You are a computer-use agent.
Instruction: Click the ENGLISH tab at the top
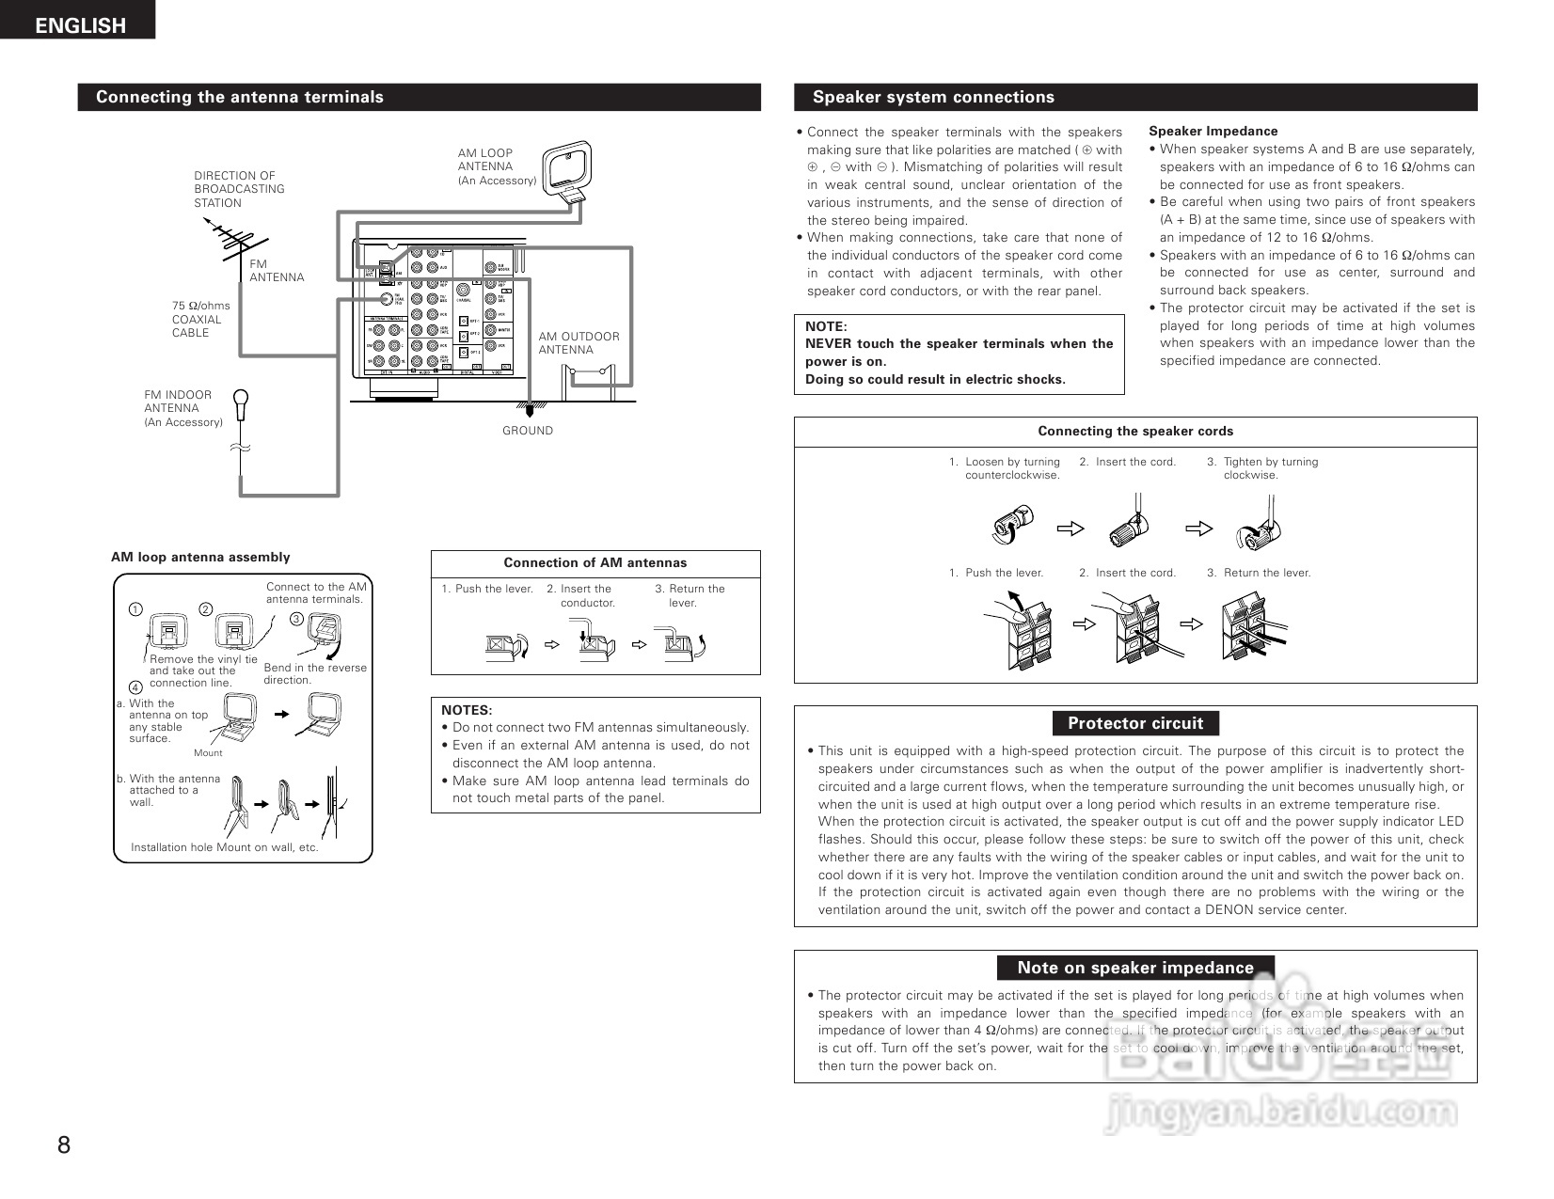[x=79, y=25]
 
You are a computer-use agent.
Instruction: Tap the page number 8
[x=64, y=1144]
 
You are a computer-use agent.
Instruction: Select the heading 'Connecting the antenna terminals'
[x=240, y=97]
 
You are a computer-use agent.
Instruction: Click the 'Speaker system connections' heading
[x=933, y=97]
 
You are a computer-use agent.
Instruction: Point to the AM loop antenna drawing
[x=568, y=169]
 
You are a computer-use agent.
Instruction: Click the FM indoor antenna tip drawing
[x=241, y=404]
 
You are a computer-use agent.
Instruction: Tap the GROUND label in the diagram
[x=528, y=431]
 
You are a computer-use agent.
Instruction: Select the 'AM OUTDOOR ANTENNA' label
[x=579, y=343]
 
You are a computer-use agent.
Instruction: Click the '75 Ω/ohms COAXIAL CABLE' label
[x=200, y=320]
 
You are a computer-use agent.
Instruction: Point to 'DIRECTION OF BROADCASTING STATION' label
[x=239, y=189]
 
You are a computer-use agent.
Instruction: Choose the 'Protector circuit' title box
[x=1134, y=723]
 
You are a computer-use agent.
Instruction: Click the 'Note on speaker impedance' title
[x=1134, y=968]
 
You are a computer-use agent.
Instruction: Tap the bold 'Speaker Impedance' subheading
[x=1213, y=132]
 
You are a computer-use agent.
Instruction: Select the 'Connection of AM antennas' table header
[x=595, y=563]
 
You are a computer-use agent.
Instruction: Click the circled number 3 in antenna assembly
[x=296, y=619]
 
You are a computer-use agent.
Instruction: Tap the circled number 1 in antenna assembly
[x=135, y=609]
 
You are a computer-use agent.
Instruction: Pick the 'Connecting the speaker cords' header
[x=1134, y=432]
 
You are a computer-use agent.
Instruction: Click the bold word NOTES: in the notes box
[x=467, y=711]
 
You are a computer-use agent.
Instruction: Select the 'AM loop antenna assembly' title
[x=200, y=558]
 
